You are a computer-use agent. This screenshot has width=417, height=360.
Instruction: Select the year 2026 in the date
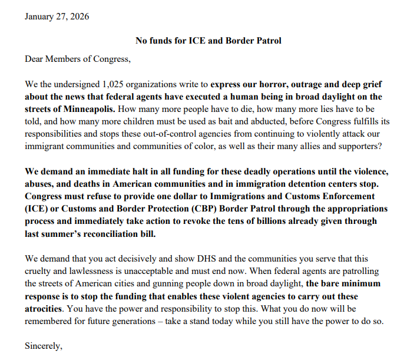79,16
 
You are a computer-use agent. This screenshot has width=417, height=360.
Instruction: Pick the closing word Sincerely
43,346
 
